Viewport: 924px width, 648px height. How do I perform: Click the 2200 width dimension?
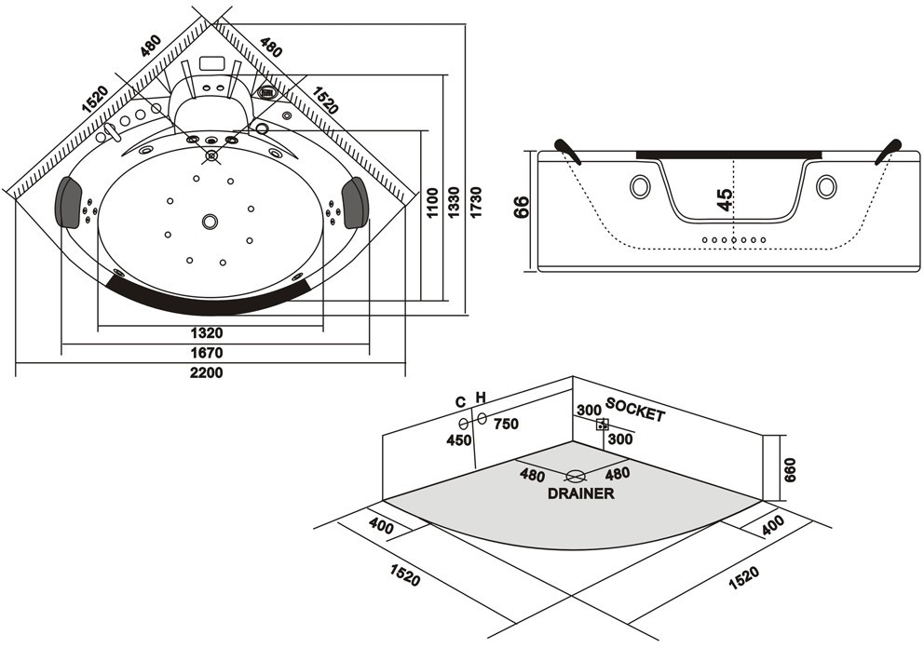point(207,372)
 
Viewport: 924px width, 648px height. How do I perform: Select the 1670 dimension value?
point(207,353)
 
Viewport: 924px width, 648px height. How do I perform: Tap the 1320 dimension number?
point(207,333)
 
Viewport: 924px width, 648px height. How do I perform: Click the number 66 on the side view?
point(522,207)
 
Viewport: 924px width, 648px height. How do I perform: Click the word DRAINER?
point(580,493)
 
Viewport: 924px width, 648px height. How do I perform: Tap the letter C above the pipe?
point(460,401)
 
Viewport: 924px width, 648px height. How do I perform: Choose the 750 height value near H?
point(506,424)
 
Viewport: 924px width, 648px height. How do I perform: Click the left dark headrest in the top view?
point(69,202)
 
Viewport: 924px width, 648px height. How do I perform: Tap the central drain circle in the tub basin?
point(211,222)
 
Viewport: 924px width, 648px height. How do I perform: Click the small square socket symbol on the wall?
point(603,425)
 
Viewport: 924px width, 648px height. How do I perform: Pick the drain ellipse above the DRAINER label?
point(576,476)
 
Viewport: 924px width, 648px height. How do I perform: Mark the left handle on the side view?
point(566,149)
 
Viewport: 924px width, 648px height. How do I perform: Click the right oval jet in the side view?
point(826,187)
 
